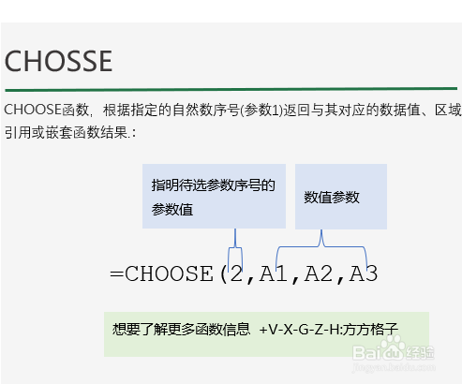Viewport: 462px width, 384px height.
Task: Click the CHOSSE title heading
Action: (58, 61)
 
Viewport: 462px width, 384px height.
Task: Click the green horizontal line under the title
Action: (231, 90)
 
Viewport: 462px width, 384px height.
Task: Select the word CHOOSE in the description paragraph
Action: (33, 110)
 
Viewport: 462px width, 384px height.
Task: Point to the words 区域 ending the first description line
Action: (448, 110)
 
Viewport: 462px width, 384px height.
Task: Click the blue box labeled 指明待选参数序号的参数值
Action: (214, 196)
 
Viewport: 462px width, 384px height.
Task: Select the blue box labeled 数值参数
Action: (341, 197)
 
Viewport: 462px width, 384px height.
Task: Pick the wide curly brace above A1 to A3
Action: (321, 246)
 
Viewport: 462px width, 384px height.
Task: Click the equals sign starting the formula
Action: (117, 274)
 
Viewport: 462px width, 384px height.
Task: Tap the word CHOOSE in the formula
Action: (169, 273)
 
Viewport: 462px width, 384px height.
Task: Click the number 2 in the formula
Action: (236, 273)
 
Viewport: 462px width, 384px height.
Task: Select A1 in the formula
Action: (274, 273)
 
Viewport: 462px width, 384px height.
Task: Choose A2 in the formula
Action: (319, 273)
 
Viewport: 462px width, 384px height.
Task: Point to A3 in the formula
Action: (364, 273)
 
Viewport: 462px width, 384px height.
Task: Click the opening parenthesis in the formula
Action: (223, 274)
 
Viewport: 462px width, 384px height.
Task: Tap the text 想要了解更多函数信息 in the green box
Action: (181, 329)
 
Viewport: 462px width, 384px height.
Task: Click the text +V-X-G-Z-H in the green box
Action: (299, 330)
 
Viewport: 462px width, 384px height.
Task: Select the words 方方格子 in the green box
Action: (370, 329)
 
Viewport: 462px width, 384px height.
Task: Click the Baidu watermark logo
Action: (394, 353)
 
